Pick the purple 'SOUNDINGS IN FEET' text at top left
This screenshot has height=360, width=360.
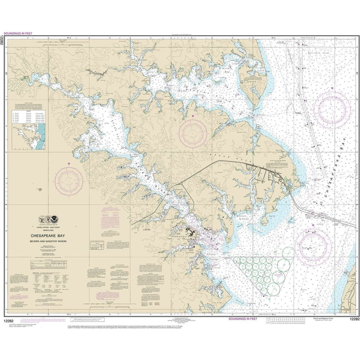tap(17, 33)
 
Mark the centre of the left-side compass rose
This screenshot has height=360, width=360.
tap(69, 180)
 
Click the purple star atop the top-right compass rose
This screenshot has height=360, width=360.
tap(332, 87)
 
